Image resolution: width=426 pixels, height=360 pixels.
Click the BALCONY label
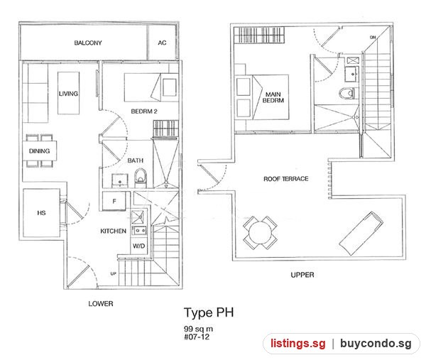pos(88,43)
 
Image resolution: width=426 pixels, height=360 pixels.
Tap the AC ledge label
pos(162,43)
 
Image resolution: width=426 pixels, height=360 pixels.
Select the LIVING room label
pos(68,94)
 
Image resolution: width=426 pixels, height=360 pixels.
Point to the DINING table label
pos(39,151)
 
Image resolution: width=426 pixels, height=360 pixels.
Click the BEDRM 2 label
pos(144,111)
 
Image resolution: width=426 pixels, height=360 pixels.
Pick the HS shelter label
pos(41,213)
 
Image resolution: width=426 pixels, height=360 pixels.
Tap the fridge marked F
pos(114,201)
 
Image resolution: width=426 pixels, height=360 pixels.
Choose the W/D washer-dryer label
pos(139,246)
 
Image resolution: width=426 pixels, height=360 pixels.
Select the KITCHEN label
pos(114,231)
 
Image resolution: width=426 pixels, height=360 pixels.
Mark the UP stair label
pos(114,273)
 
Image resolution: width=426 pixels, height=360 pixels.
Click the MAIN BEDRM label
pos(273,97)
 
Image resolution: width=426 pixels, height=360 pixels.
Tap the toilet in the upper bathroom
pos(347,93)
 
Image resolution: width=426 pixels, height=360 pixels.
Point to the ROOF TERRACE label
pos(286,179)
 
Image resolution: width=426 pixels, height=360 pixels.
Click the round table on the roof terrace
pos(260,233)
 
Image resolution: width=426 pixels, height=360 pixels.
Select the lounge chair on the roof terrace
pos(361,234)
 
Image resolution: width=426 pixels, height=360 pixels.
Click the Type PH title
pos(209,312)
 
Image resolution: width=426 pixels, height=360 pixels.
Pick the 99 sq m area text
pos(198,329)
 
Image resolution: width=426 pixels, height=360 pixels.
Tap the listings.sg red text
pos(298,344)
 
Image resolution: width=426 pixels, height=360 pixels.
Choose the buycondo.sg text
pos(376,344)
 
